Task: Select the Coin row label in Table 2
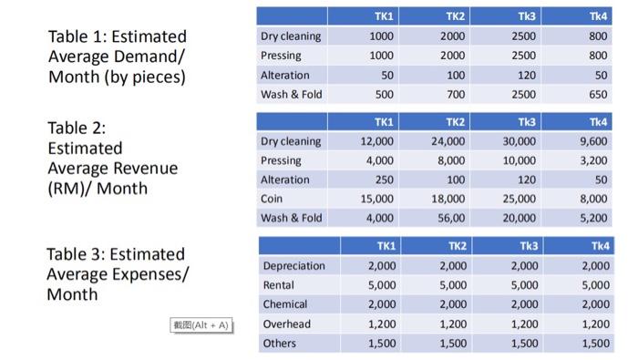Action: coord(272,199)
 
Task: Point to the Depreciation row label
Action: coord(293,266)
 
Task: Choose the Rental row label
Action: coord(279,285)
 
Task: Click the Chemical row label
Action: coord(285,304)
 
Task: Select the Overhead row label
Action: coord(286,324)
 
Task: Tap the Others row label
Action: coord(279,344)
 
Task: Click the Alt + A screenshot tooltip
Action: coord(202,325)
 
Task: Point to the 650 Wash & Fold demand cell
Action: coord(597,94)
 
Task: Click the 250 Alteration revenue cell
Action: coord(384,180)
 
